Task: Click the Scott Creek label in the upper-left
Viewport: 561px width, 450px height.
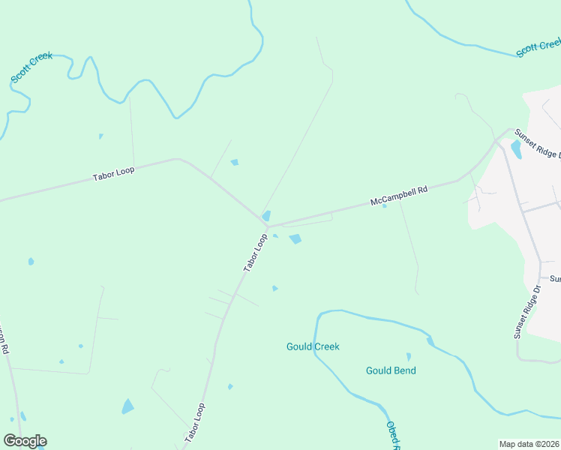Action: coord(31,68)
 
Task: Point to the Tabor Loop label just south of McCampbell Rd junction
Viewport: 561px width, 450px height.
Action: coord(255,252)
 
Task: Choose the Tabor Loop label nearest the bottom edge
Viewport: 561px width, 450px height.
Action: coord(194,423)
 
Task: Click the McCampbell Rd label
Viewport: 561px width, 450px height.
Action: coord(398,196)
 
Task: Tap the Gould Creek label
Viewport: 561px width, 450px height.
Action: coord(313,346)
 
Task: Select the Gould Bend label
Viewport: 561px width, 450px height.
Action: coord(391,370)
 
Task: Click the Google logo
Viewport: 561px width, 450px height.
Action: coord(25,441)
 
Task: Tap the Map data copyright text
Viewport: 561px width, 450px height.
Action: coord(529,443)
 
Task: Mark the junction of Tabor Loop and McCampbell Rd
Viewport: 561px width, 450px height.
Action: coord(267,225)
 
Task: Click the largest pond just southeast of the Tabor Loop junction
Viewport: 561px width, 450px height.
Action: coord(295,239)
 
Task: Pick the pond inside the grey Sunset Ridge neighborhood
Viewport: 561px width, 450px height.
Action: coord(516,149)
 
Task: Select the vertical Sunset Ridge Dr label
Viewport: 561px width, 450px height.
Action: coord(528,312)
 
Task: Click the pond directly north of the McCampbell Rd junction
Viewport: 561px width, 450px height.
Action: coord(266,215)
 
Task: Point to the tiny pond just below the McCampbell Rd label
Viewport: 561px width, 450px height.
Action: coord(384,207)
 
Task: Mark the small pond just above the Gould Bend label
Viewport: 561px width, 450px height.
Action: coord(409,357)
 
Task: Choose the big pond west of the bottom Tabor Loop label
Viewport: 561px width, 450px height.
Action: coord(127,406)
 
